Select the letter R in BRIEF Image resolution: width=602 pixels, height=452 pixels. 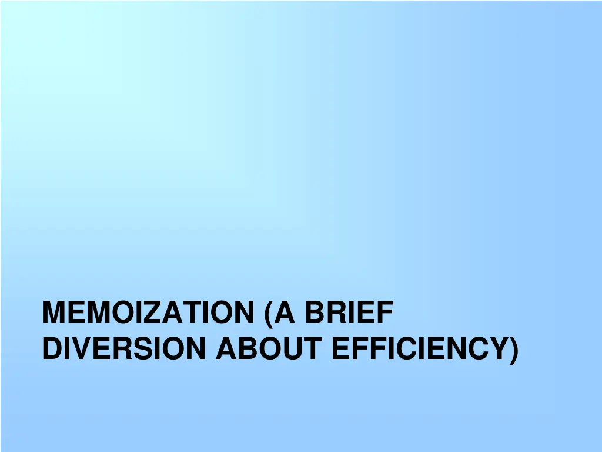(336, 313)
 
